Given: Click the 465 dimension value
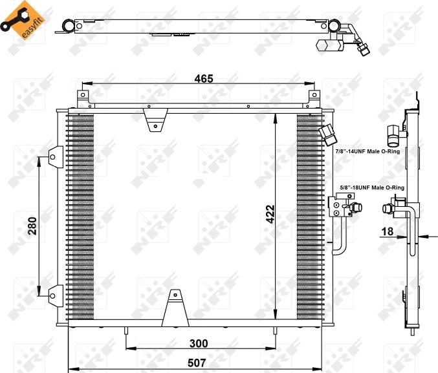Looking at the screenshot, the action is click(204, 79).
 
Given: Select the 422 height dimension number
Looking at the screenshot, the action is click(270, 215).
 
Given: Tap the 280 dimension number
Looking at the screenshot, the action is click(32, 226).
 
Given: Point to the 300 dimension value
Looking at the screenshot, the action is click(199, 343).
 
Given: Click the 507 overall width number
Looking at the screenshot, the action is click(197, 363).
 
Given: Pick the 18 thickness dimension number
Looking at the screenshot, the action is click(388, 231).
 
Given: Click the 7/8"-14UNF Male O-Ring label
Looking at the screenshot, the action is click(367, 151).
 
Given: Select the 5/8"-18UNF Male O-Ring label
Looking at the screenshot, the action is click(372, 187).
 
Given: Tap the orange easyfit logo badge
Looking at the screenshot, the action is click(24, 20).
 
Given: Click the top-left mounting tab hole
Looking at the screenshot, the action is click(83, 95).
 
